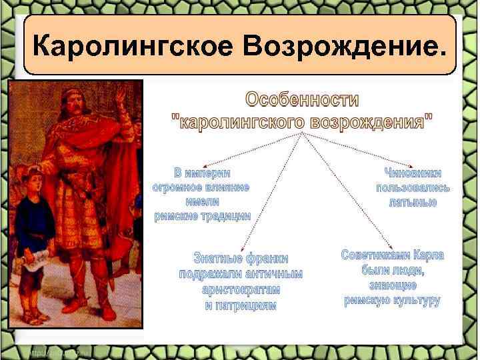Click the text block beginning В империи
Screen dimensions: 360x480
click(202, 194)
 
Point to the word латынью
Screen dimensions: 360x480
click(413, 203)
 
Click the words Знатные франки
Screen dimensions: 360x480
click(241, 259)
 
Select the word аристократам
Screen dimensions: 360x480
click(241, 290)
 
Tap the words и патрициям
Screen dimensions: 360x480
click(241, 305)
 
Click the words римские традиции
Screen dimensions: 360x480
click(202, 216)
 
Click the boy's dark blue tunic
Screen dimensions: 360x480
click(33, 227)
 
